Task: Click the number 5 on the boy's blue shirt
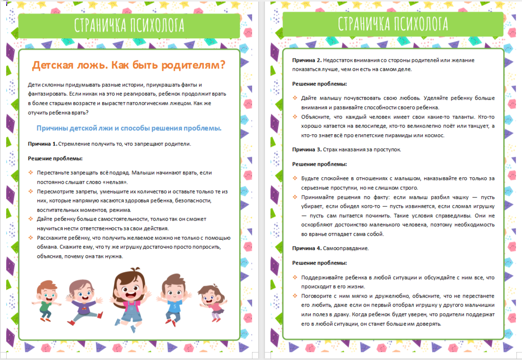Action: click(x=174, y=307)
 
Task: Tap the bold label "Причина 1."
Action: click(x=43, y=144)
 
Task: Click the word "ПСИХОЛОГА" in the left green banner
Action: click(x=156, y=25)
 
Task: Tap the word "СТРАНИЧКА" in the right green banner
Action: click(x=367, y=24)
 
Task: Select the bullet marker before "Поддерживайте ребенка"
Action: click(x=295, y=278)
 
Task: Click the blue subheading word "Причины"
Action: click(x=52, y=129)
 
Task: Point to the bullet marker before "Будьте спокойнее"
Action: click(x=295, y=179)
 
